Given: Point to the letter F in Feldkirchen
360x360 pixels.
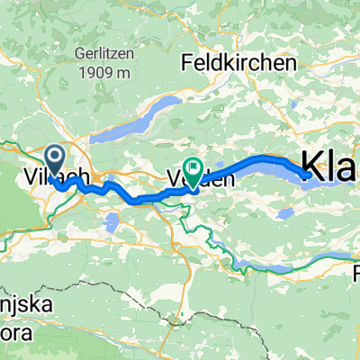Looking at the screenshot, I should click(x=187, y=64).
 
